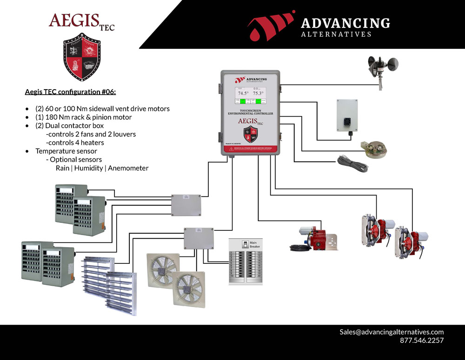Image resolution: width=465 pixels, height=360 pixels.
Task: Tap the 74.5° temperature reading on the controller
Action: (244, 93)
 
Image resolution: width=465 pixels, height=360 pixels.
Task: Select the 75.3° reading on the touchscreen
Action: (258, 93)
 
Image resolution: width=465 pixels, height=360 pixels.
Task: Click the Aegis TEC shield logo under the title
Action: (82, 57)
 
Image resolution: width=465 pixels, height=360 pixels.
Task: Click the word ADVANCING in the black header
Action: (345, 23)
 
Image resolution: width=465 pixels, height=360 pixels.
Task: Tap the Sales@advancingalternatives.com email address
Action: (392, 332)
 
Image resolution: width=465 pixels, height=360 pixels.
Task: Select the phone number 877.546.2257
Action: (422, 340)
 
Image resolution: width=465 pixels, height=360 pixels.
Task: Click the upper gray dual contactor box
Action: (186, 205)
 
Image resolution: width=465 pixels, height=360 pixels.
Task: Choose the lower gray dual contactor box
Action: (199, 239)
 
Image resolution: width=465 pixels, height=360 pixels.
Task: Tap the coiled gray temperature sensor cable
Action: (352, 164)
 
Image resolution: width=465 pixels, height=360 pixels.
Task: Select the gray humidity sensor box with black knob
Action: (347, 115)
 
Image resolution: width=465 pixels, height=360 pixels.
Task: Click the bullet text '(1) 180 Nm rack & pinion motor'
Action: (84, 117)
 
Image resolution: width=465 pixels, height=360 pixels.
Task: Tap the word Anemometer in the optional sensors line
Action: (128, 168)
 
